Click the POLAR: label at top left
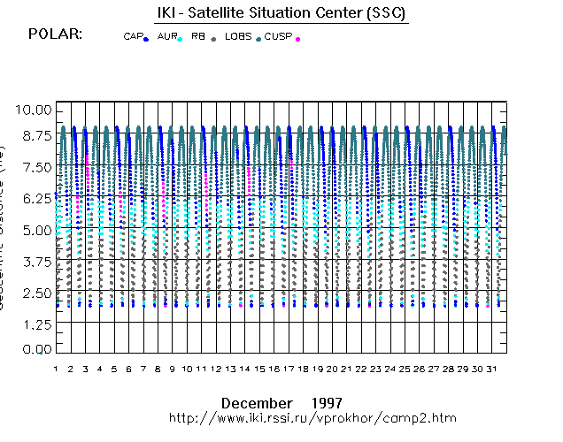pyautogui.click(x=55, y=34)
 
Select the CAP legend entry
pyautogui.click(x=135, y=37)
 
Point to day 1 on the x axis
pyautogui.click(x=56, y=368)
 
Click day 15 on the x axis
pyautogui.click(x=259, y=368)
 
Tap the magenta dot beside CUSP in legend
pyautogui.click(x=297, y=39)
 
